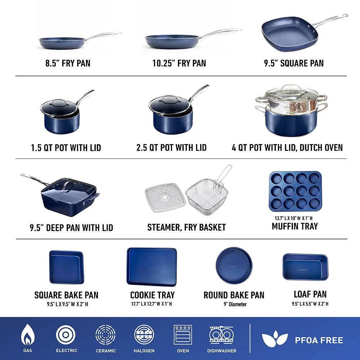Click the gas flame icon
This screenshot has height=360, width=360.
28,335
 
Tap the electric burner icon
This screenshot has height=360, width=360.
66,335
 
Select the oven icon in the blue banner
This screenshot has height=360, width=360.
183,335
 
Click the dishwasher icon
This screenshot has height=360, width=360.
221,335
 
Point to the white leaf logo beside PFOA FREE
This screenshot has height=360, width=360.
275,339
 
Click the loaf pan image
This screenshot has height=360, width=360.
305,267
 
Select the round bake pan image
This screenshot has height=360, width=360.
234,265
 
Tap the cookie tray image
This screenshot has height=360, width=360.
152,267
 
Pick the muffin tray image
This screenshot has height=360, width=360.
295,191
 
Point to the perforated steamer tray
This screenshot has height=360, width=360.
165,197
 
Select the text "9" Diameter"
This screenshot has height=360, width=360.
235,304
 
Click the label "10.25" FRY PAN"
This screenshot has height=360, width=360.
179,63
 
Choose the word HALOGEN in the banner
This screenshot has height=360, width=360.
144,351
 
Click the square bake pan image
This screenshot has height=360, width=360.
67,267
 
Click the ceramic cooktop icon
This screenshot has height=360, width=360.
105,335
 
